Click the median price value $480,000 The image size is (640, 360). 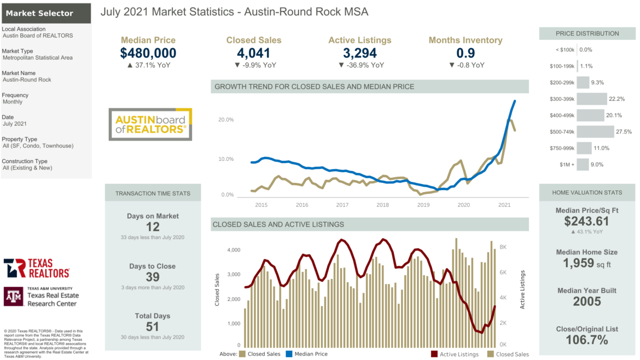(x=148, y=53)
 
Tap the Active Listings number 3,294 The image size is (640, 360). (x=359, y=53)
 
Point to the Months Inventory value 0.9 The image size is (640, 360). (x=466, y=53)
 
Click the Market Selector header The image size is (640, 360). (x=46, y=13)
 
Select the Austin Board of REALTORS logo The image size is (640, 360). (x=150, y=124)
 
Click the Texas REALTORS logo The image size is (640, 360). (x=37, y=268)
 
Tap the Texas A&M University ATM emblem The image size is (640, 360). (x=13, y=296)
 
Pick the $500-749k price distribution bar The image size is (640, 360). (x=595, y=132)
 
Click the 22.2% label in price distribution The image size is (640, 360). (x=616, y=99)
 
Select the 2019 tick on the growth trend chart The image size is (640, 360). (x=423, y=205)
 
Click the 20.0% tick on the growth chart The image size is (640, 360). (x=226, y=120)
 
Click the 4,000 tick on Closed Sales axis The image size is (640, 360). (x=233, y=250)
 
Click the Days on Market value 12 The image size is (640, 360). (x=153, y=227)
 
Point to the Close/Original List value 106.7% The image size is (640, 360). (x=586, y=340)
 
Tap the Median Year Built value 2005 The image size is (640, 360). (x=586, y=301)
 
